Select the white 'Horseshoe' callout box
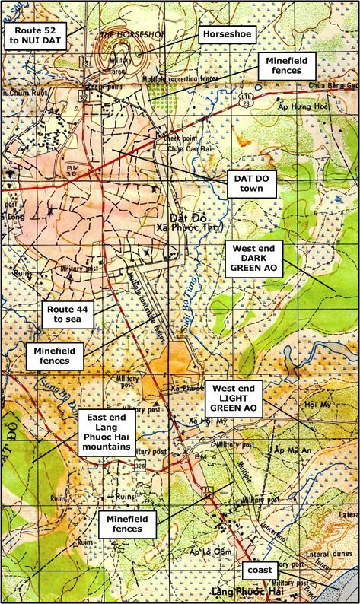click(226, 35)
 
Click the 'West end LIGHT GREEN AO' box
click(237, 398)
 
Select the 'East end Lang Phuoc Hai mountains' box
click(107, 434)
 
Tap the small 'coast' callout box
click(258, 569)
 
